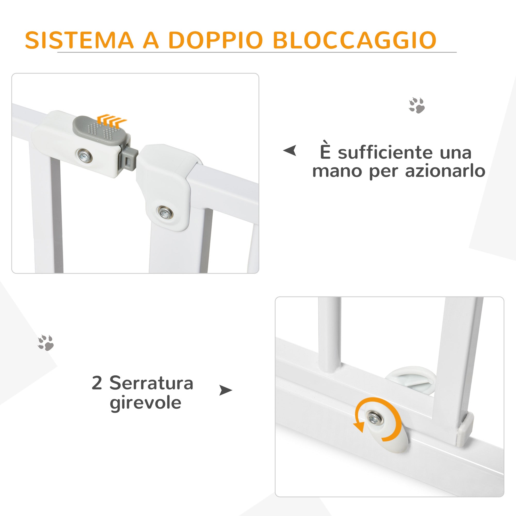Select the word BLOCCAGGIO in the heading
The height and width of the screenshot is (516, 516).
pos(355,41)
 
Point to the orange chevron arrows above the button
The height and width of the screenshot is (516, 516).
pos(111,119)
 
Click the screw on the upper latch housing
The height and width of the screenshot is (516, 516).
pos(85,155)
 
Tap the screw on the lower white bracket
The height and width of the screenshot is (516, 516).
pos(165,212)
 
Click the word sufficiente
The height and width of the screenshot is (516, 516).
pos(385,153)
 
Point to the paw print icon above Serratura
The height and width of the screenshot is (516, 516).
pos(46,343)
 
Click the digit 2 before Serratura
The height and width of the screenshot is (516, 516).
pos(97,383)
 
